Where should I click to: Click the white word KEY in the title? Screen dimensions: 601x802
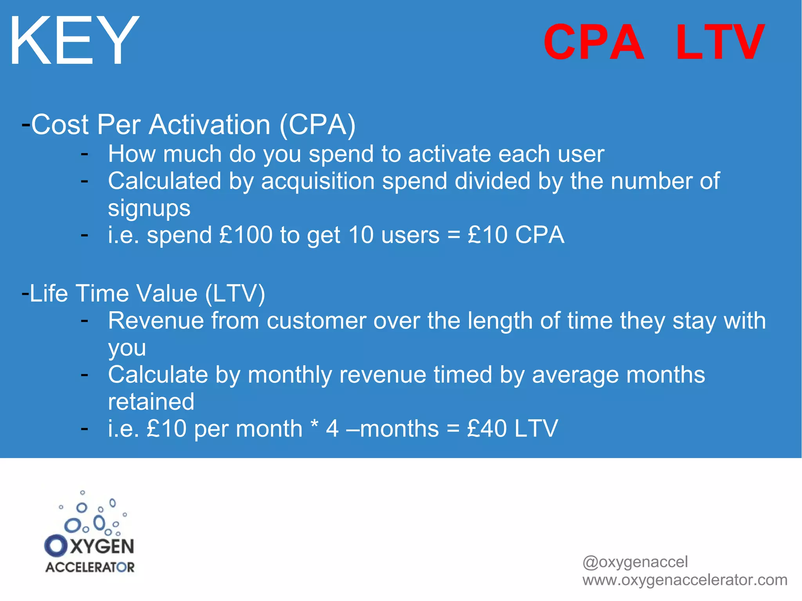click(x=74, y=41)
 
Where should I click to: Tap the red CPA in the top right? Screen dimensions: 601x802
click(x=594, y=42)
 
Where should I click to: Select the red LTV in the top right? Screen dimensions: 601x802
click(x=720, y=42)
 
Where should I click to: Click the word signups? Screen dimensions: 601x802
click(x=149, y=208)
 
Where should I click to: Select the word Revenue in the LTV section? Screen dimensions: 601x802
click(x=156, y=321)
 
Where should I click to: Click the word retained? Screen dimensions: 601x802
click(x=151, y=402)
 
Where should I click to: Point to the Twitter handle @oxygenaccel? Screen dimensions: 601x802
click(x=635, y=562)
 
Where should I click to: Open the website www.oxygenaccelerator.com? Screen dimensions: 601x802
click(x=685, y=580)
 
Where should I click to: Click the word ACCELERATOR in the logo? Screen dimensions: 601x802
click(x=90, y=567)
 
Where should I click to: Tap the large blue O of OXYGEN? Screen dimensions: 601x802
click(x=56, y=546)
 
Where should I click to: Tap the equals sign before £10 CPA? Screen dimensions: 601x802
click(x=453, y=235)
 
